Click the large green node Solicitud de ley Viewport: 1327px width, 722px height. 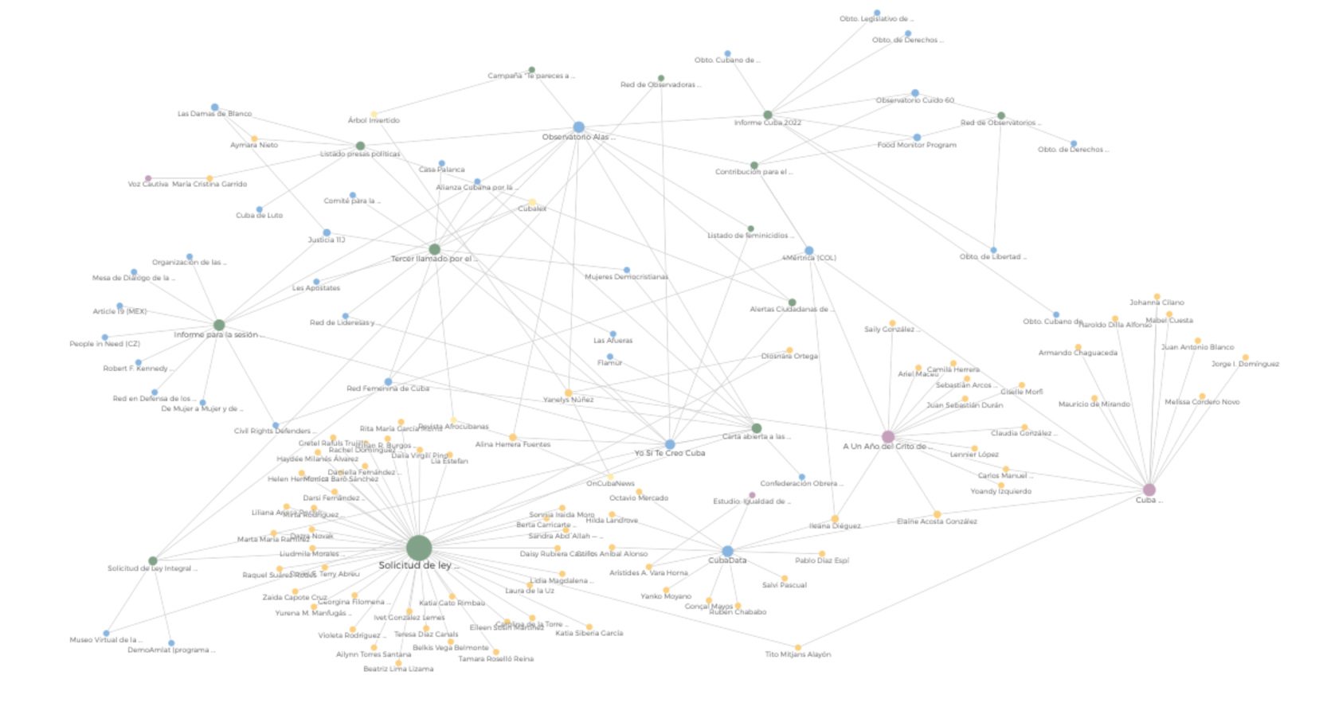[419, 548]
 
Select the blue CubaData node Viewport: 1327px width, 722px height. [727, 551]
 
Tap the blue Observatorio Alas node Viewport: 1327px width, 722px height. [579, 127]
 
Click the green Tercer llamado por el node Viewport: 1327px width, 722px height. [434, 249]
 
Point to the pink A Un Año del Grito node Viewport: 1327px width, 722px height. [888, 436]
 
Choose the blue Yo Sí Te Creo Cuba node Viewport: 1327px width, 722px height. [670, 444]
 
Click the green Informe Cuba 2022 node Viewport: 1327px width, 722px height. [767, 115]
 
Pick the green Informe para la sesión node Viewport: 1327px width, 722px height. [219, 325]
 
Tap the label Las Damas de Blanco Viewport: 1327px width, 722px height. [214, 114]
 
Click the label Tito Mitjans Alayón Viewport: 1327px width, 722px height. [797, 654]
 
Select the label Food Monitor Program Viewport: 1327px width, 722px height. [916, 145]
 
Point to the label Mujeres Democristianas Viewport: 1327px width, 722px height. [626, 277]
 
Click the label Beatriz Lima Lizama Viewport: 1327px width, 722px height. [398, 669]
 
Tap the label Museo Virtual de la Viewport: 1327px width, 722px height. [105, 640]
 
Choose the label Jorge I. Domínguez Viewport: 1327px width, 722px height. [1245, 364]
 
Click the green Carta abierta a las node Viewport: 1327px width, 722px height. [757, 428]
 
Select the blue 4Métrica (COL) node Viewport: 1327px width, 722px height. [809, 251]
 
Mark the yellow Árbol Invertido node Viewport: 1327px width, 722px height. [374, 115]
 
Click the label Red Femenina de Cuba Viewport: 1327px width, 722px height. [388, 388]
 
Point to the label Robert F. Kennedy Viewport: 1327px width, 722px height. [137, 369]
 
